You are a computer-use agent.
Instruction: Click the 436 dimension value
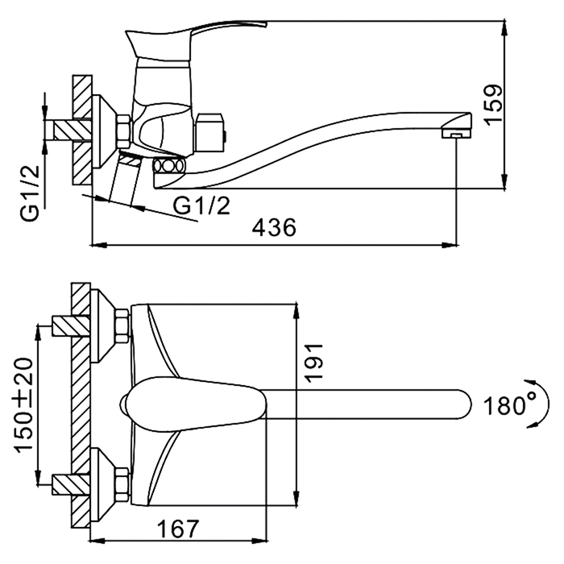pos(274,228)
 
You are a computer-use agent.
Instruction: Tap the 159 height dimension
pos(493,105)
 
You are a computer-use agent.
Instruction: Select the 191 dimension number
pos(313,362)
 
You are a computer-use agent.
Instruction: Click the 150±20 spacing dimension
pos(23,404)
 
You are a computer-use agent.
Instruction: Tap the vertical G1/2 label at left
pos(30,194)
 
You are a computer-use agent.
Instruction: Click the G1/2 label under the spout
pos(201,205)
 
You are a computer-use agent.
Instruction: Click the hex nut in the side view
pos(124,131)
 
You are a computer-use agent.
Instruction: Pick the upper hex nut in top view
pos(122,326)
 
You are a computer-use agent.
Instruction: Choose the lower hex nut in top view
pos(122,484)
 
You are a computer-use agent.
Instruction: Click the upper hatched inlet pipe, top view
pos(71,326)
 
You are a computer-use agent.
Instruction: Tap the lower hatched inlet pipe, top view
pos(71,485)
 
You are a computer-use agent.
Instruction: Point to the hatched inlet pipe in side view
pos(73,130)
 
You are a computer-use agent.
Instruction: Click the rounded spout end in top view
pos(463,404)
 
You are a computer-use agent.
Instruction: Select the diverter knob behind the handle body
pos(209,135)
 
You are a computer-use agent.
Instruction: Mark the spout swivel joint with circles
pos(168,167)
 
